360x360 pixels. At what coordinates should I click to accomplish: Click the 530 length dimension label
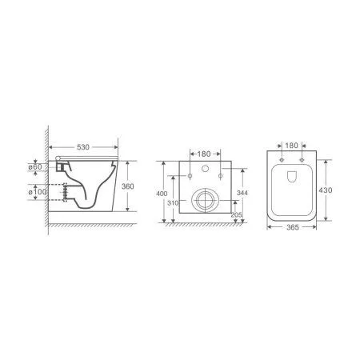(83, 147)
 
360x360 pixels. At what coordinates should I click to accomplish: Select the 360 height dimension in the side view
(128, 186)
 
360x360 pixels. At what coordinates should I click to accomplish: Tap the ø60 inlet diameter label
(35, 167)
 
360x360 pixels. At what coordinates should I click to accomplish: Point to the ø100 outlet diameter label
(38, 191)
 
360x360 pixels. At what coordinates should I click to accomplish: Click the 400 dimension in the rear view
(162, 194)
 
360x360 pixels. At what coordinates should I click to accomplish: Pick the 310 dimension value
(173, 203)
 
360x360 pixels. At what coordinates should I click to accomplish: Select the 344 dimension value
(242, 193)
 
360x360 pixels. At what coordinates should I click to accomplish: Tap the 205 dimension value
(236, 214)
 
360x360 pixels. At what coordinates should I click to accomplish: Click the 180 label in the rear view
(204, 154)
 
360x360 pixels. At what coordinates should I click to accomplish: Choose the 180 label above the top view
(291, 146)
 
